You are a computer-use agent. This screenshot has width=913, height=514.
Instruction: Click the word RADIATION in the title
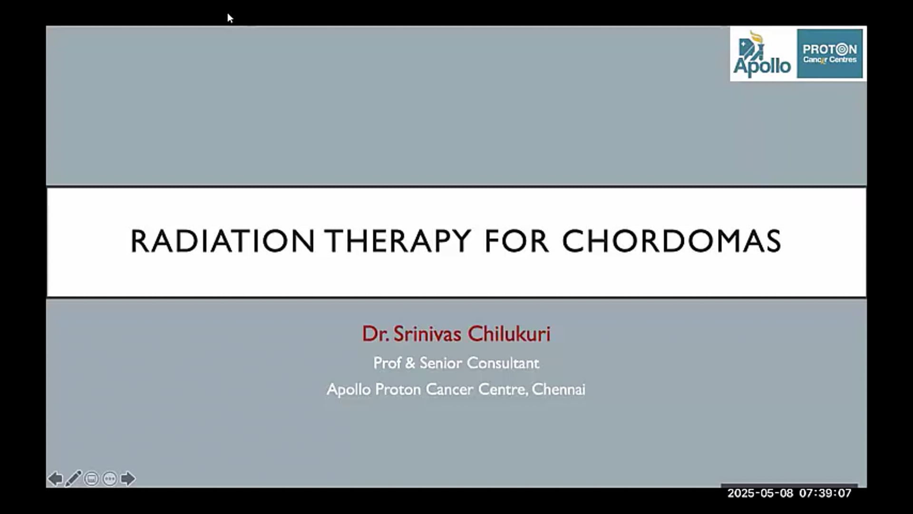pyautogui.click(x=223, y=241)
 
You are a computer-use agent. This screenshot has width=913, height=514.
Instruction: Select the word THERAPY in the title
pyautogui.click(x=398, y=241)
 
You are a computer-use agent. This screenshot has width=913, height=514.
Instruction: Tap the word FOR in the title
pyautogui.click(x=516, y=241)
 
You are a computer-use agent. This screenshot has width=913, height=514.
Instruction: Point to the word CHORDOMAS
pyautogui.click(x=671, y=241)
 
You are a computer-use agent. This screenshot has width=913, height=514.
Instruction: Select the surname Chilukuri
pyautogui.click(x=509, y=334)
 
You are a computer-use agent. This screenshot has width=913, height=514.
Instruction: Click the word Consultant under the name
pyautogui.click(x=503, y=363)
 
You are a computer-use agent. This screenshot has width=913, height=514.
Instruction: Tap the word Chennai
pyautogui.click(x=558, y=389)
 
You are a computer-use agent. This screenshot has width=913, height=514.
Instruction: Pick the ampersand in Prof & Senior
pyautogui.click(x=410, y=363)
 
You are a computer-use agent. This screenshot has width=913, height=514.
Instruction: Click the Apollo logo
pyautogui.click(x=762, y=54)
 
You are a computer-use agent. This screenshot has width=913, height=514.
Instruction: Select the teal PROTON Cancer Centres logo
pyautogui.click(x=830, y=54)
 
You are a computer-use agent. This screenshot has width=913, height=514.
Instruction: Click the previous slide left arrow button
pyautogui.click(x=55, y=478)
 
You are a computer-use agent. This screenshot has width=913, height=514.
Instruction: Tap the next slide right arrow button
pyautogui.click(x=127, y=478)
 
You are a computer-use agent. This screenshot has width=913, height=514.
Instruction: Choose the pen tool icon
pyautogui.click(x=73, y=478)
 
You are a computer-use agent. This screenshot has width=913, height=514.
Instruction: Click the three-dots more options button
pyautogui.click(x=109, y=478)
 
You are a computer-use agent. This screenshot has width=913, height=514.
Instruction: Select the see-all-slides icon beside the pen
pyautogui.click(x=91, y=478)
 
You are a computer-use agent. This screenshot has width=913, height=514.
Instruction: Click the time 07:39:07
pyautogui.click(x=825, y=493)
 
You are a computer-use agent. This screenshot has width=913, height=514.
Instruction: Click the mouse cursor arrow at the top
pyautogui.click(x=230, y=18)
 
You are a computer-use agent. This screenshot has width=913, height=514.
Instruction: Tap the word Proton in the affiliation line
pyautogui.click(x=398, y=389)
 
